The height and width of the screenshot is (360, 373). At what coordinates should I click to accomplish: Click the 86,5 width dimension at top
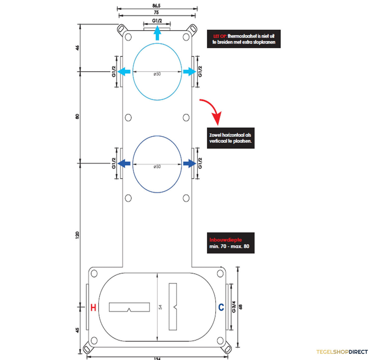pyautogui.click(x=156, y=6)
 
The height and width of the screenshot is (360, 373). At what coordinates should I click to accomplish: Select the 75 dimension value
pyautogui.click(x=156, y=12)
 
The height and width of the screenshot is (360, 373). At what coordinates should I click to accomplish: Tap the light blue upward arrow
pyautogui.click(x=157, y=33)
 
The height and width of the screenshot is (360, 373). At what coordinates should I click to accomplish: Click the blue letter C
pyautogui.click(x=221, y=307)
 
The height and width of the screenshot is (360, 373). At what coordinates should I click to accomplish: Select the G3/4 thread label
pyautogui.click(x=234, y=307)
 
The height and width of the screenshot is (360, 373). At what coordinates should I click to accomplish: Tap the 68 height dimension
pyautogui.click(x=241, y=307)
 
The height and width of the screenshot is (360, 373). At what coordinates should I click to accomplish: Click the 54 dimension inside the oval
pyautogui.click(x=161, y=307)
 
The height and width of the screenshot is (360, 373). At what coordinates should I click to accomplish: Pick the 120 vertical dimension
pyautogui.click(x=77, y=235)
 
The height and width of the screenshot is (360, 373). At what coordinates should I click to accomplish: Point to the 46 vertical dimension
pyautogui.click(x=77, y=48)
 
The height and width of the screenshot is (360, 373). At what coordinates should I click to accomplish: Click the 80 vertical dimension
pyautogui.click(x=77, y=116)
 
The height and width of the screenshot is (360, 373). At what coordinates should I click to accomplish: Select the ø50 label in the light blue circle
pyautogui.click(x=157, y=74)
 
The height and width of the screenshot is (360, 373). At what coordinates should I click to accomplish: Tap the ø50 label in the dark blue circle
pyautogui.click(x=157, y=166)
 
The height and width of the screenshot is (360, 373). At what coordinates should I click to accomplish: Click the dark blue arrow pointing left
pyautogui.click(x=124, y=164)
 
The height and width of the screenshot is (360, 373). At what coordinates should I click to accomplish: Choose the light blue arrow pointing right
pyautogui.click(x=190, y=72)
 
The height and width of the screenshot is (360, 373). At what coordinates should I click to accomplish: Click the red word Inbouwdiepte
pyautogui.click(x=225, y=240)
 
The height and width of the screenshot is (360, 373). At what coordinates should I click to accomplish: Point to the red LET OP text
pyautogui.click(x=220, y=36)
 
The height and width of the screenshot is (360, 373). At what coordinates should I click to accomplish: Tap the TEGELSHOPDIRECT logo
pyautogui.click(x=342, y=352)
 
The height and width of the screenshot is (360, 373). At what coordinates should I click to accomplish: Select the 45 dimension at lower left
pyautogui.click(x=77, y=330)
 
